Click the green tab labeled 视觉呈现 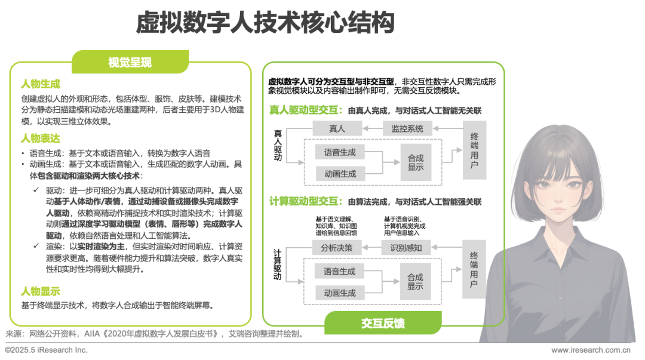[x=130, y=62]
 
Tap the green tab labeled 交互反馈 [x=383, y=323]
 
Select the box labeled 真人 [x=337, y=128]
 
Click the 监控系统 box [x=407, y=128]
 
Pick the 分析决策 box [x=337, y=247]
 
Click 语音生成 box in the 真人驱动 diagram [x=339, y=152]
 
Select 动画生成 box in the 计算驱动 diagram [x=339, y=293]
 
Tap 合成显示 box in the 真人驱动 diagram [x=416, y=162]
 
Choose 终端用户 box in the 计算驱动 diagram [x=474, y=269]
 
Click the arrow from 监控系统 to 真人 [x=373, y=128]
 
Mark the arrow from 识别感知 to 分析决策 [x=372, y=247]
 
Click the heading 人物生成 [x=41, y=84]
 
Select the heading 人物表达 [x=41, y=139]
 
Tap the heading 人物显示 [x=41, y=291]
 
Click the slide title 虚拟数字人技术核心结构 [x=265, y=24]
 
